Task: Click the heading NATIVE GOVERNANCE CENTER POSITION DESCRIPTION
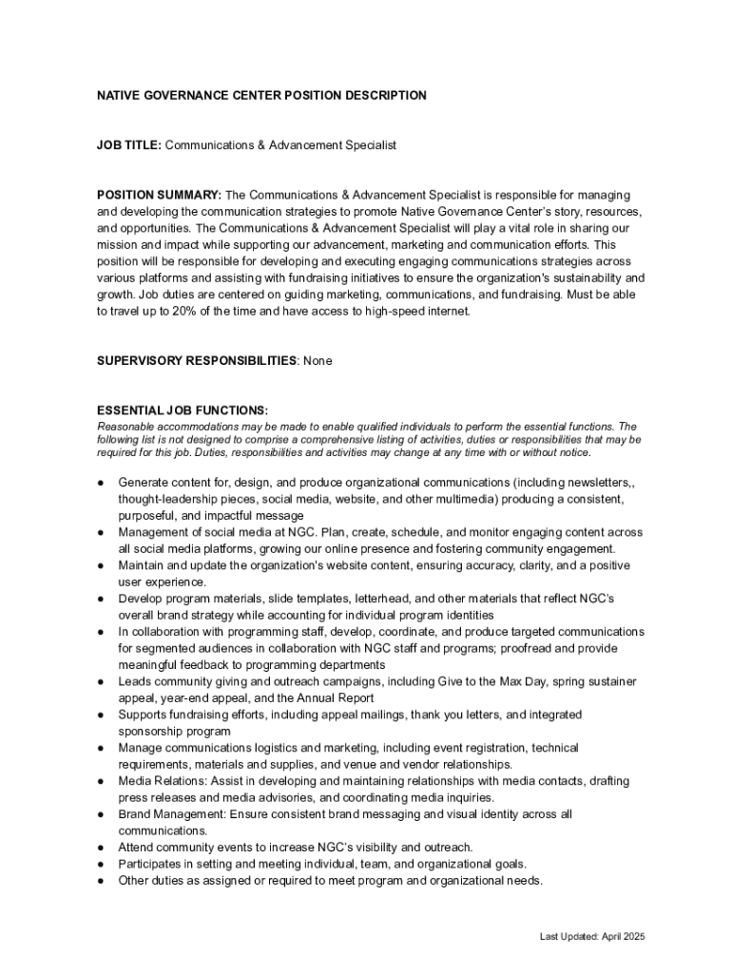[x=261, y=96]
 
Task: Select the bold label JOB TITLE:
[x=129, y=145]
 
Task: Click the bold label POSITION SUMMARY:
[x=159, y=195]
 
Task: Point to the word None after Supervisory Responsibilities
[x=318, y=361]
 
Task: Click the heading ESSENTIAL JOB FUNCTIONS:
[x=183, y=410]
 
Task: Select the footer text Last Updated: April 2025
[x=592, y=937]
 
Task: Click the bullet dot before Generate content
[x=101, y=483]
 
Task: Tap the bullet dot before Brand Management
[x=101, y=814]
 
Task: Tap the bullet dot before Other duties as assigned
[x=101, y=881]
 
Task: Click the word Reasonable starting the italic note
[x=125, y=427]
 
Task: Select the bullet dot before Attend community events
[x=101, y=848]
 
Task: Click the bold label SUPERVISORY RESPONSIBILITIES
[x=197, y=361]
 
